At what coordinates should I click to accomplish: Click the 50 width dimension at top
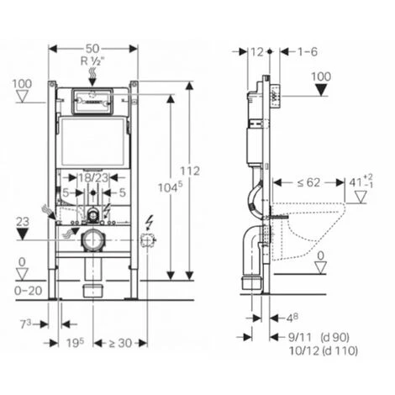click(x=92, y=49)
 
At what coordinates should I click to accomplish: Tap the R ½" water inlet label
click(x=92, y=61)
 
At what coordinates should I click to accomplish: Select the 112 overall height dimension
click(x=190, y=171)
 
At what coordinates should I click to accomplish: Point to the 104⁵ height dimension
click(x=170, y=187)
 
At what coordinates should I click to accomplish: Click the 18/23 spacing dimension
click(x=93, y=177)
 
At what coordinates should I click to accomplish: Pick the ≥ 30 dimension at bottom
click(x=120, y=343)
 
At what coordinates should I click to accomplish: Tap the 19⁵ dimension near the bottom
click(x=75, y=342)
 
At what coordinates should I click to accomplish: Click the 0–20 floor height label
click(x=29, y=291)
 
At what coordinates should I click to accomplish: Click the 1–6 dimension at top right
click(x=308, y=52)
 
